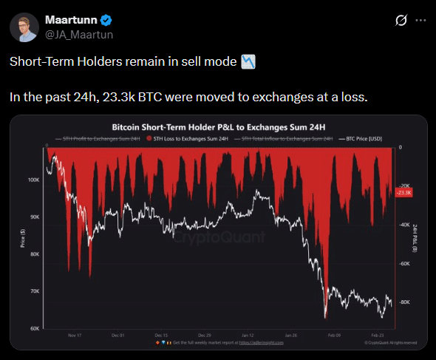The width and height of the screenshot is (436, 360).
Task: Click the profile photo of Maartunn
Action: (24, 26)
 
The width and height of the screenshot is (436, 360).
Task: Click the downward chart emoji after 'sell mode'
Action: (248, 62)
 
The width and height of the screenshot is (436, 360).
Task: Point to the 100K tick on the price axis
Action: (33, 180)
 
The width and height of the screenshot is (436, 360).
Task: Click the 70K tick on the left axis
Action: (34, 292)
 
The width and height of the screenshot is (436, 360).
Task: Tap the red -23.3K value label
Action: (405, 192)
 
